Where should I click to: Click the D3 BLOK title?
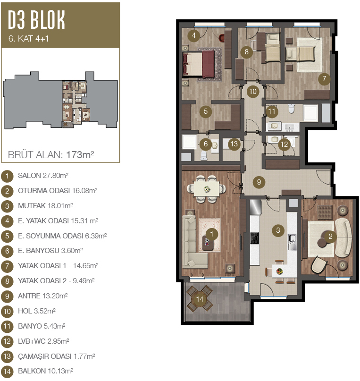[x=36, y=20]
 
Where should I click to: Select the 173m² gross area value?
[x=80, y=154]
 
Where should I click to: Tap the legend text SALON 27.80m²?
[x=43, y=176]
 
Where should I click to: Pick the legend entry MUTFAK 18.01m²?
[x=45, y=206]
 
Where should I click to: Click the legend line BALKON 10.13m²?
[x=45, y=371]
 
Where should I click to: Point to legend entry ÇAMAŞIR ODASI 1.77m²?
[x=56, y=356]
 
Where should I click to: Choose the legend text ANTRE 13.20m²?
[x=43, y=296]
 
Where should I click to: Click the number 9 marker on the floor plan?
[x=259, y=182]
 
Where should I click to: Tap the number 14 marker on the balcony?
[x=200, y=299]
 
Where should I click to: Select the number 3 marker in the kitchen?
[x=278, y=230]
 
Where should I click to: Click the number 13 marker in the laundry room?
[x=234, y=144]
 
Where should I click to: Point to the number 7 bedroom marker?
[x=324, y=79]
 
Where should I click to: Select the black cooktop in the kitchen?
[x=254, y=238]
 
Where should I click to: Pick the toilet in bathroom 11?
[x=291, y=109]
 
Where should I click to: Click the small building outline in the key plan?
[x=60, y=100]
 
